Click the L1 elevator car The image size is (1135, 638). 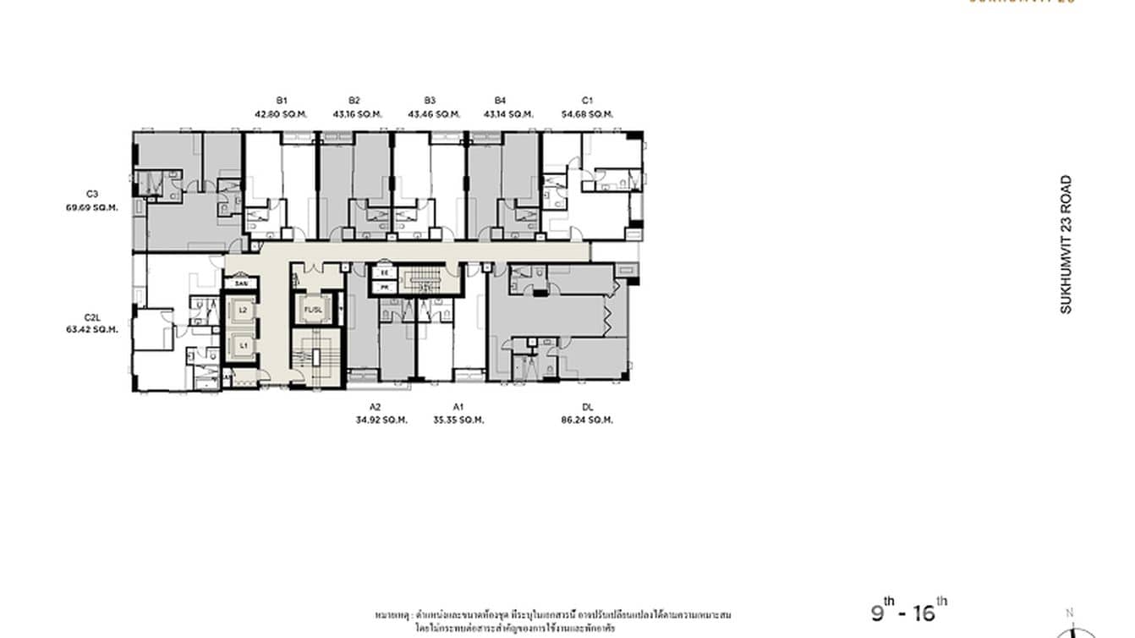[243, 345]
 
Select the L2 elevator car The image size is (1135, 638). [243, 311]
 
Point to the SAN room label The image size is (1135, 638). [241, 283]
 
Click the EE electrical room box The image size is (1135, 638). [385, 274]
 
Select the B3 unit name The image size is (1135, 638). [430, 100]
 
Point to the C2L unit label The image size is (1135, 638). [93, 317]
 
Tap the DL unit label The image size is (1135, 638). [587, 406]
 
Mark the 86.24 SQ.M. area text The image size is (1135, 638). [587, 420]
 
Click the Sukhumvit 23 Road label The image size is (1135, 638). [1066, 245]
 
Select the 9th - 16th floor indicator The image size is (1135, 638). [909, 611]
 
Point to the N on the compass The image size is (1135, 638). [1070, 613]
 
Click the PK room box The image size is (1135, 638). [385, 288]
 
